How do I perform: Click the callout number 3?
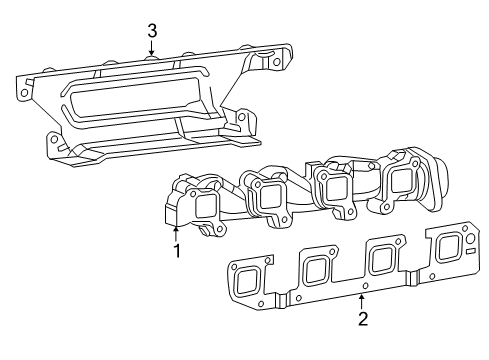(152, 31)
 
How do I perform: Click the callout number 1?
(176, 251)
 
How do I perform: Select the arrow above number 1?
(176, 232)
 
